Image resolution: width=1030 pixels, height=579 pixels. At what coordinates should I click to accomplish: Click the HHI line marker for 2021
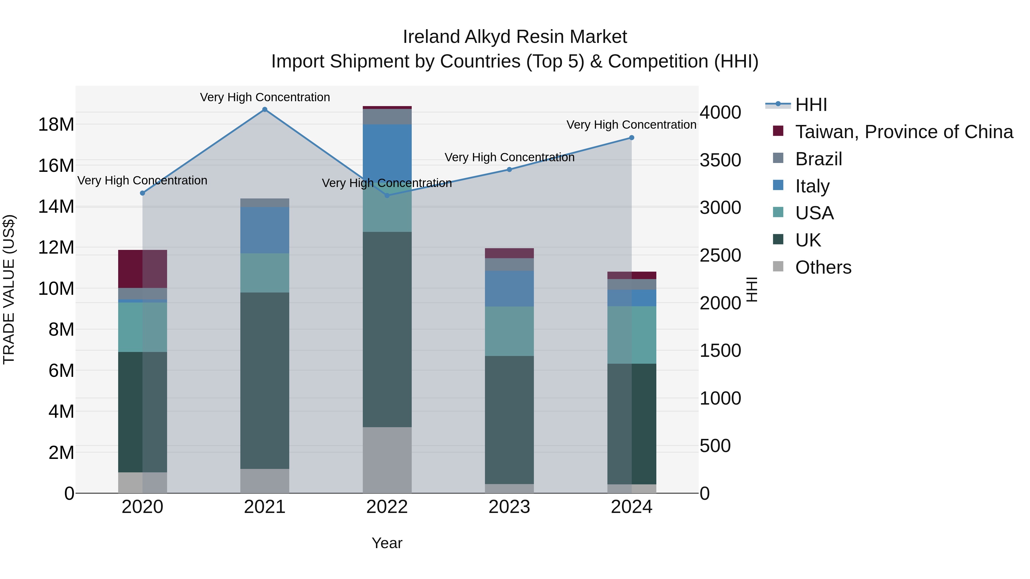(x=265, y=110)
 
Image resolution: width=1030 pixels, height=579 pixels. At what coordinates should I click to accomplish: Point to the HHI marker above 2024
(x=631, y=138)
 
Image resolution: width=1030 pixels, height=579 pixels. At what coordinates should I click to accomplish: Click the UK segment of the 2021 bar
(x=265, y=380)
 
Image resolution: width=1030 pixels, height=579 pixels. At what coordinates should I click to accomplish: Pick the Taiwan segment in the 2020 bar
(x=142, y=268)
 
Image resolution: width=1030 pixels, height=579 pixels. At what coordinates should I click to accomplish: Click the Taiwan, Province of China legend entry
(x=904, y=132)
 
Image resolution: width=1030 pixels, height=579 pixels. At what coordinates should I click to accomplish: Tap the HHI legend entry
(x=811, y=105)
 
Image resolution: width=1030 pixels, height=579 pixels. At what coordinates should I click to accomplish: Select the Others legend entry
(x=823, y=267)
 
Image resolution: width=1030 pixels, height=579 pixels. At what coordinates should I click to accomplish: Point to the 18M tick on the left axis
(x=56, y=125)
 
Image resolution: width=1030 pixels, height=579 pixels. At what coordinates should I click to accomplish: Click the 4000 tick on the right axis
(x=720, y=112)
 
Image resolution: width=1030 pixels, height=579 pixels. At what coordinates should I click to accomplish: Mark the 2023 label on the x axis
(x=509, y=507)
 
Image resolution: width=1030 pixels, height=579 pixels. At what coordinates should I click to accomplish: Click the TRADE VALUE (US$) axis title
(x=9, y=289)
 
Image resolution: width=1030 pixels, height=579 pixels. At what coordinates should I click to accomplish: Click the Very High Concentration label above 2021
(x=265, y=97)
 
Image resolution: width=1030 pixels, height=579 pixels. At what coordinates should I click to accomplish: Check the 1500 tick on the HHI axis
(x=720, y=351)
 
